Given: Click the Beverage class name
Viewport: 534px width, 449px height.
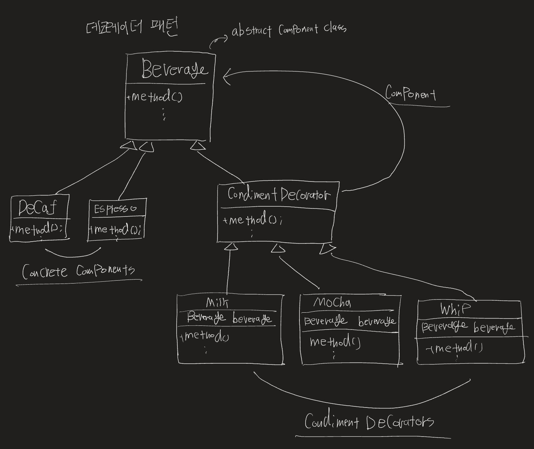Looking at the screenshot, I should [174, 69].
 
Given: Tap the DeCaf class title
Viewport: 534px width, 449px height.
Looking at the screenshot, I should [38, 208].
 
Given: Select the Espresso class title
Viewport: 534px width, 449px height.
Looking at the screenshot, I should [115, 209].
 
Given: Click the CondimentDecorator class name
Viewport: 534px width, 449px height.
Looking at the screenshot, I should [279, 195].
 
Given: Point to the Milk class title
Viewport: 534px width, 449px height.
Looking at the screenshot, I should [217, 302].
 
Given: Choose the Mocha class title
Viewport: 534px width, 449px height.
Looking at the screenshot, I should [332, 302].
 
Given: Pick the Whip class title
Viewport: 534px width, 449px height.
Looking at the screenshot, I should [455, 309].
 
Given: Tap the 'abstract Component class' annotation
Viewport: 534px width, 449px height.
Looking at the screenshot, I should [289, 30].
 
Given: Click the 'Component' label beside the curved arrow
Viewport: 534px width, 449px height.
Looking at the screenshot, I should [411, 94].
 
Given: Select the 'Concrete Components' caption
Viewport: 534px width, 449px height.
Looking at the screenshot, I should [78, 271].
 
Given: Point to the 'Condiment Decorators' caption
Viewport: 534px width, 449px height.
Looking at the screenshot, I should [369, 422].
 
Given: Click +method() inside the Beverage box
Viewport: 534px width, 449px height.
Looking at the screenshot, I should [154, 97].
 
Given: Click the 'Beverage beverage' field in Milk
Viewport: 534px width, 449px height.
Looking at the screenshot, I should [229, 318].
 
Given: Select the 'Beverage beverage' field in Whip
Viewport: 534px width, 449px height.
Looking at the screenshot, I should [468, 326].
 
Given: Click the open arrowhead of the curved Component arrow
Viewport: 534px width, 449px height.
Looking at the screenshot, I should [226, 77].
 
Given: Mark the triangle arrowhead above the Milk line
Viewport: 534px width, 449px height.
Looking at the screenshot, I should [230, 247].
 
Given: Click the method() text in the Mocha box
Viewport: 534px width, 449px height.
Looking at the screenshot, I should [335, 342].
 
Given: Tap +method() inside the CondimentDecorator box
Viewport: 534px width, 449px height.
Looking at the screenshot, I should [252, 220].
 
